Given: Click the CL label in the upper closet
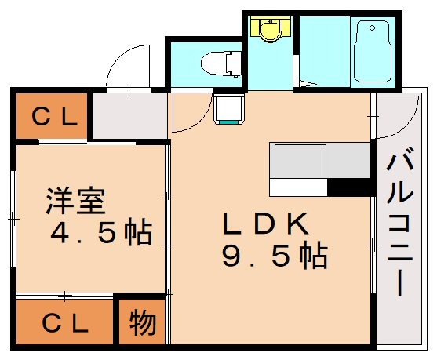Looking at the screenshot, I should tap(53, 118).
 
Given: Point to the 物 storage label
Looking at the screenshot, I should tap(142, 322).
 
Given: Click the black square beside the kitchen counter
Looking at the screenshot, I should tap(349, 187).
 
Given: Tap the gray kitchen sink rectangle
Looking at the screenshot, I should tap(299, 161).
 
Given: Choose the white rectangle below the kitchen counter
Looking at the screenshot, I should tap(297, 187).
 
